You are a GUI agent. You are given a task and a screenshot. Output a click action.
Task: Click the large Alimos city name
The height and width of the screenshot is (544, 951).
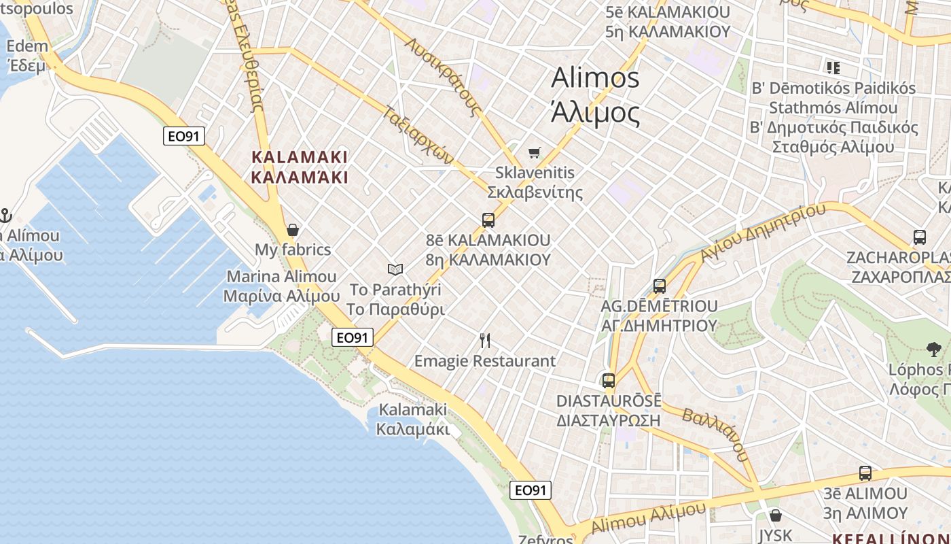click(x=595, y=95)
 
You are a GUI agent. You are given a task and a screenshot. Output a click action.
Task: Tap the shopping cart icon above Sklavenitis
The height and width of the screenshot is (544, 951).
click(x=535, y=152)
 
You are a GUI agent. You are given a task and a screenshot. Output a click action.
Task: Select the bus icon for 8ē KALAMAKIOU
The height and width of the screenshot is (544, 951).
click(x=488, y=220)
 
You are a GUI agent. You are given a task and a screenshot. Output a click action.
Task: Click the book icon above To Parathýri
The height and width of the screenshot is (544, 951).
click(x=395, y=269)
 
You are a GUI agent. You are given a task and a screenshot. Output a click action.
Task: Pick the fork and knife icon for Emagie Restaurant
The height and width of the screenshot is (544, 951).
click(x=485, y=340)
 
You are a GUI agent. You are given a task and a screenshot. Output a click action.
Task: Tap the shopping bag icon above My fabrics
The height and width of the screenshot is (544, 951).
click(x=293, y=230)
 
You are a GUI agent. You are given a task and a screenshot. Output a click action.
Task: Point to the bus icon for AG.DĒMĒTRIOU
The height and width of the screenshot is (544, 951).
click(x=659, y=286)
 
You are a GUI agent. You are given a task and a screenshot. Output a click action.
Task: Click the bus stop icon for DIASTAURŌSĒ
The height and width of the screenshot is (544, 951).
click(x=609, y=381)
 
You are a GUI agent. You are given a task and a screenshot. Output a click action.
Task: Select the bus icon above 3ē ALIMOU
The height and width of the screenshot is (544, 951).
click(x=865, y=473)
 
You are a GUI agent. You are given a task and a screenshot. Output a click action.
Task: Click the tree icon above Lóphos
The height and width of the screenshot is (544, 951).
click(x=933, y=350)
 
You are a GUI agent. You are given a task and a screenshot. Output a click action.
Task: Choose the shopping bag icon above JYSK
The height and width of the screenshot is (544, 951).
click(x=775, y=515)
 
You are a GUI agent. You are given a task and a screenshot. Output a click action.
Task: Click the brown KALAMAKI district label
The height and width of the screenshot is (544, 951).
click(x=300, y=167)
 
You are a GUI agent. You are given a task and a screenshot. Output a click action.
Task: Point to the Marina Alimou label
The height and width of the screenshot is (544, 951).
click(x=281, y=286)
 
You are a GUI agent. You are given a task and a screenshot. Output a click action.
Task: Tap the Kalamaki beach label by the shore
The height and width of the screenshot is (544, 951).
click(x=412, y=419)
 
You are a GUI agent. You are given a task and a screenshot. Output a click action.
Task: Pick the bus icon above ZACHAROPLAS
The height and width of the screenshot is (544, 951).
click(x=919, y=237)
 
